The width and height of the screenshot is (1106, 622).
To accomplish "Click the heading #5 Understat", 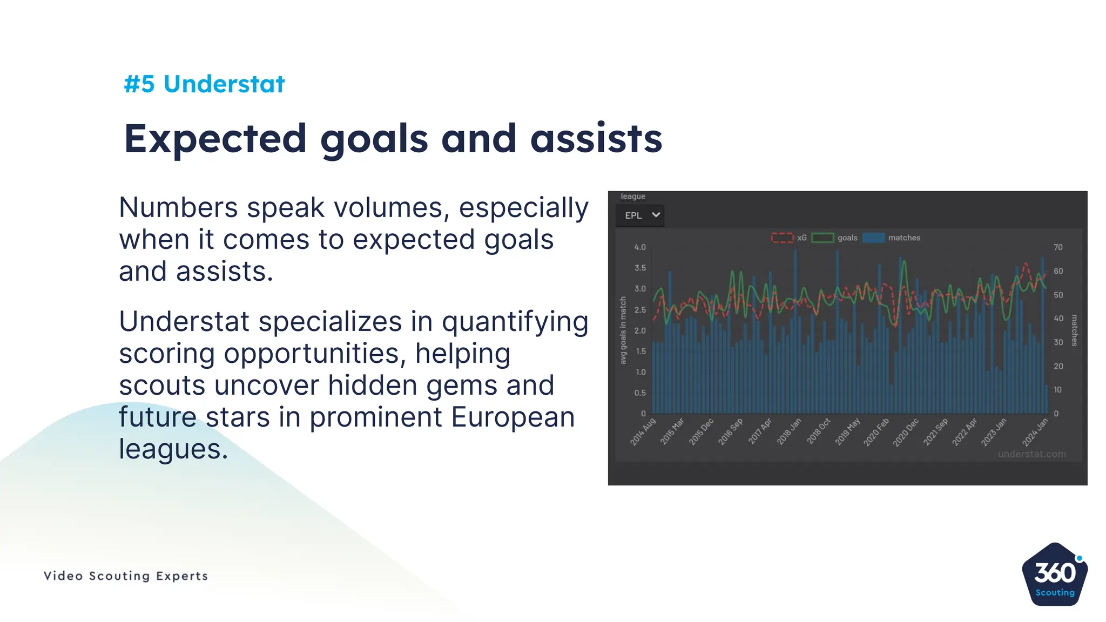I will [204, 84].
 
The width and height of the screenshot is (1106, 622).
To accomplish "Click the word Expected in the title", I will [215, 139].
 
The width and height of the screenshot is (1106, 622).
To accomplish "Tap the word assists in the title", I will [596, 139].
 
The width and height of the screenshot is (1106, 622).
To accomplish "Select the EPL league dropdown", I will [640, 215].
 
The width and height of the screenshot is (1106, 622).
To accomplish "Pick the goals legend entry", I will [835, 238].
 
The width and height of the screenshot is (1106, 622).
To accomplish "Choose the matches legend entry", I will [892, 238].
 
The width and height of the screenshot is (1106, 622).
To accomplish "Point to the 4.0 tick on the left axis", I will [640, 247].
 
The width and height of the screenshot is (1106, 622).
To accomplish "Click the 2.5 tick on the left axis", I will [640, 310].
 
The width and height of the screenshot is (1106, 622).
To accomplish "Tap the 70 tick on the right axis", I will [1058, 247].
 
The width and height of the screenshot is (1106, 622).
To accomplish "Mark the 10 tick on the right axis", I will [1057, 390].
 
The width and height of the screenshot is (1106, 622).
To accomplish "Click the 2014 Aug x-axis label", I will [643, 431].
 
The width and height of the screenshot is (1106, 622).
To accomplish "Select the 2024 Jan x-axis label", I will [1035, 432].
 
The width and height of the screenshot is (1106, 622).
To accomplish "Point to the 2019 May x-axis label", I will [848, 432].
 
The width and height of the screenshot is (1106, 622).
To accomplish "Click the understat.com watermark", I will [1031, 454].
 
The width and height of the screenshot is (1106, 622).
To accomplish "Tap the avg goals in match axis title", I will [623, 330].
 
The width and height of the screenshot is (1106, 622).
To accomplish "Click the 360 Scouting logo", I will [1055, 575].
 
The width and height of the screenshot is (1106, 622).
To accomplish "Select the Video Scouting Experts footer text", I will [126, 576].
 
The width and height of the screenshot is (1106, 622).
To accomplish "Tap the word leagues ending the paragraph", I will [173, 449].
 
